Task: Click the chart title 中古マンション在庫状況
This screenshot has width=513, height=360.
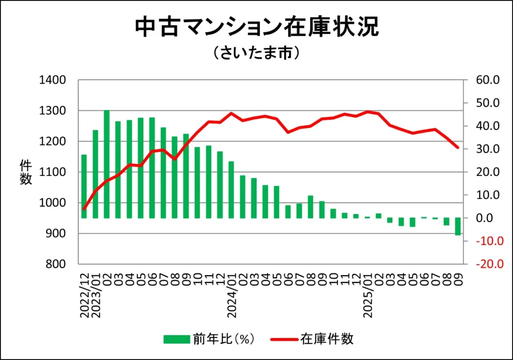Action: point(256,28)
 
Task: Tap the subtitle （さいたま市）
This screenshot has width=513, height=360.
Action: point(256,53)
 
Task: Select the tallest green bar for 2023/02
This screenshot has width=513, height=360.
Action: point(107,164)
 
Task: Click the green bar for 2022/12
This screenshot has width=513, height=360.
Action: point(84,186)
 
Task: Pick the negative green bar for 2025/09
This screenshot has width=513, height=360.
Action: point(458,227)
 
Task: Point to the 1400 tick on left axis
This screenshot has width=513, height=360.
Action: point(52,80)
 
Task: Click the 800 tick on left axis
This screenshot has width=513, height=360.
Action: point(55,264)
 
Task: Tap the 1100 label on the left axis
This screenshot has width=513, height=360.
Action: point(52,172)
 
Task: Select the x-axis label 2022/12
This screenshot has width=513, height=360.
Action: point(84,296)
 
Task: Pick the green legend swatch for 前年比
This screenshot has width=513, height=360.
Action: point(176,339)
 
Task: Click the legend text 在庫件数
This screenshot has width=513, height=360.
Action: point(327,339)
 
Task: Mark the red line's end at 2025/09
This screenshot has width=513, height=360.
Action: point(458,147)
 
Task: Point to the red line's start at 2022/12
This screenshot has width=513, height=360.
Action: point(84,209)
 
